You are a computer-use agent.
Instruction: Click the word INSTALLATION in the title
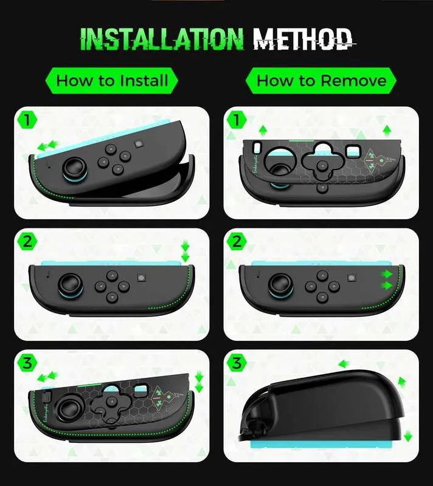click(162, 39)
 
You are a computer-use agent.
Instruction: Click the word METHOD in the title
click(303, 39)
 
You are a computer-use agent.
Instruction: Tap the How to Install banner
click(112, 81)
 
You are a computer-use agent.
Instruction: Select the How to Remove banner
click(321, 81)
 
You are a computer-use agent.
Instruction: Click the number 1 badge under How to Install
click(27, 120)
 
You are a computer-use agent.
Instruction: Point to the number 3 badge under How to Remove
click(237, 363)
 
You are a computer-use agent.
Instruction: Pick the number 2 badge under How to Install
click(27, 241)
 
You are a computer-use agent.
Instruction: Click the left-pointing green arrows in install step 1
click(48, 145)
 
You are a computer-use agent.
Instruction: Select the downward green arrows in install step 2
click(185, 252)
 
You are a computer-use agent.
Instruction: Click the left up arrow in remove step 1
click(263, 131)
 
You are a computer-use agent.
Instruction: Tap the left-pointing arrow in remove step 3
click(344, 363)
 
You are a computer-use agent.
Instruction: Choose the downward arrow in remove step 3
click(408, 436)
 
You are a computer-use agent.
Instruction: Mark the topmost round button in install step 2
click(111, 275)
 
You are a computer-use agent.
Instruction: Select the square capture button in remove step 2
click(352, 278)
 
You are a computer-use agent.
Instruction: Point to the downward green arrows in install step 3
click(199, 383)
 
